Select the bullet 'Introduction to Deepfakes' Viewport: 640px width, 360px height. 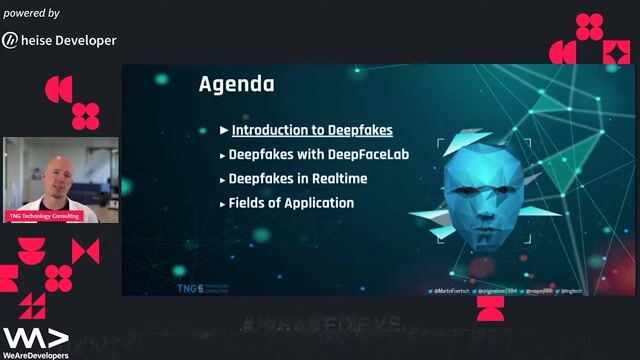tap(311, 130)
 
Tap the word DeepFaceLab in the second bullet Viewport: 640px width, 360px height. tap(369, 155)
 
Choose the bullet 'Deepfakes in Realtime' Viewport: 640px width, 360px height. tap(297, 179)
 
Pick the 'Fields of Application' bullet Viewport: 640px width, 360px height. tap(291, 203)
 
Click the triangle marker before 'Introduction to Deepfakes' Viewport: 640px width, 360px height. tap(224, 130)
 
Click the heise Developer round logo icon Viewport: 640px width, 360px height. tap(10, 40)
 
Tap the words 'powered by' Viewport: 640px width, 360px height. tap(30, 13)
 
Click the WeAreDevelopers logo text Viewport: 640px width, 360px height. tap(35, 354)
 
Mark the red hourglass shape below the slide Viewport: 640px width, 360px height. tap(490, 309)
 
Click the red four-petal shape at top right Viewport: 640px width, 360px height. tap(590, 26)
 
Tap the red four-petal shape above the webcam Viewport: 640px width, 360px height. tap(86, 116)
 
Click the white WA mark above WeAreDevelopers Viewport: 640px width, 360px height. tap(35, 336)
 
